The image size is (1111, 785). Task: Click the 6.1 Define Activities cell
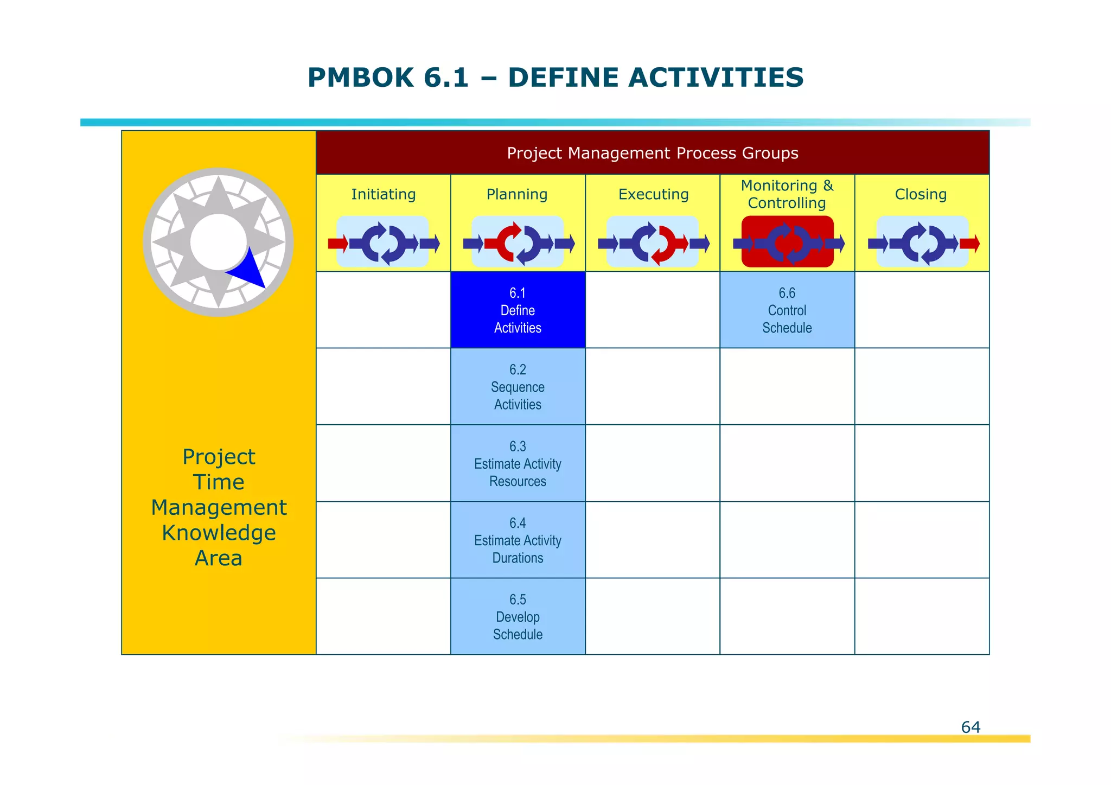coord(518,310)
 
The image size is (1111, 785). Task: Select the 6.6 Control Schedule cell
coord(787,310)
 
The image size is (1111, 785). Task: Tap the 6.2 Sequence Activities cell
coord(518,386)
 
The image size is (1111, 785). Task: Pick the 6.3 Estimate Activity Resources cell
coord(518,463)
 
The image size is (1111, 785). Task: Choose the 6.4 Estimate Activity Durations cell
coord(518,540)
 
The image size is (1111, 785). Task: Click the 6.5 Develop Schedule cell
coord(518,616)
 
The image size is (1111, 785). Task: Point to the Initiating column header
coord(383,194)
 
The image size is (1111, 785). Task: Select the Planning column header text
coord(516,194)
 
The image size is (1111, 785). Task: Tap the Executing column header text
coord(653,194)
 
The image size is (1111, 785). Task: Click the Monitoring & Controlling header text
coord(787,194)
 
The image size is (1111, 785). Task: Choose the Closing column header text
coord(921,194)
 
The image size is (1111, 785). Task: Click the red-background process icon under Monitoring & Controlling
coord(787,242)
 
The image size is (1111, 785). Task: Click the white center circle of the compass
coord(218,242)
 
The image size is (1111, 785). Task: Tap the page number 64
coord(970,727)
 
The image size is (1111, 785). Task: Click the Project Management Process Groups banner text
coord(652,153)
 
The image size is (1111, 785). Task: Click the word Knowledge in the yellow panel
coord(219,533)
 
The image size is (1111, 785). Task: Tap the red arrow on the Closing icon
coord(969,243)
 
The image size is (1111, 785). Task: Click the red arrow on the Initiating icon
coord(337,243)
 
